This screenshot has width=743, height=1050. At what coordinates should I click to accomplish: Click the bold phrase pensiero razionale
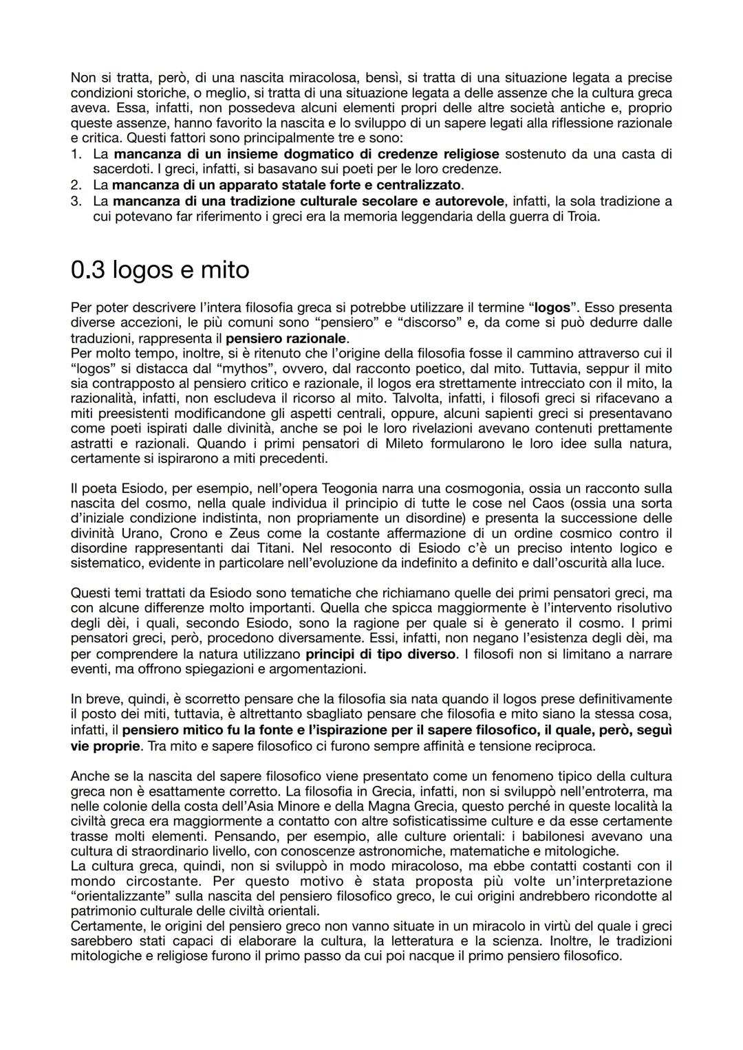(286, 338)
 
